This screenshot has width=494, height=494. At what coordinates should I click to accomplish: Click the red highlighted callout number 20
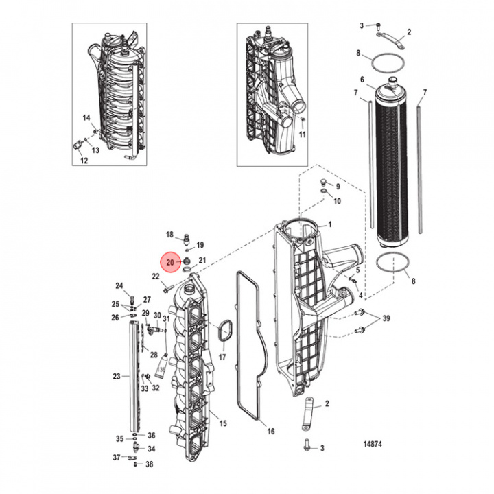click(169, 261)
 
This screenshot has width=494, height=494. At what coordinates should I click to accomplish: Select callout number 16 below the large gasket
click(271, 432)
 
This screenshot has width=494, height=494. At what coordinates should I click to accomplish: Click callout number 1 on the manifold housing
click(329, 224)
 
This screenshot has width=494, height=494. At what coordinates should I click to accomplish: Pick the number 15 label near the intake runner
click(222, 423)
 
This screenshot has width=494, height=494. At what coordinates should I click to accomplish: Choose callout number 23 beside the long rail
click(116, 376)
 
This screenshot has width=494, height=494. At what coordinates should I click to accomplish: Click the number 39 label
click(386, 319)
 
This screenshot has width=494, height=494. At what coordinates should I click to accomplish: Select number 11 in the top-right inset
click(302, 135)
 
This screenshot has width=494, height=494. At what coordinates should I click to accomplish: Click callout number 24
click(119, 285)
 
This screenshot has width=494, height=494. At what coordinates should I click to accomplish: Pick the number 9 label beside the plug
click(337, 185)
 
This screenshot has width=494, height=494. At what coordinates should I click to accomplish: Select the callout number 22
click(155, 277)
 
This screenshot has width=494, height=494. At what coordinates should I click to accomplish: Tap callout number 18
click(169, 235)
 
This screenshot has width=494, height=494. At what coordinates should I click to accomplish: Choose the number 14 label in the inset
click(87, 118)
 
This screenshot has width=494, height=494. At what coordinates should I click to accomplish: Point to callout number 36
click(152, 436)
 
